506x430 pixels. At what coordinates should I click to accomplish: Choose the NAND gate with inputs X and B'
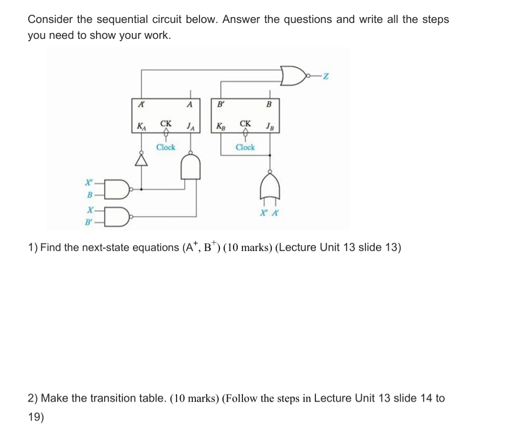click(x=119, y=216)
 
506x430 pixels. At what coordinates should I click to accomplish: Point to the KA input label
click(x=141, y=125)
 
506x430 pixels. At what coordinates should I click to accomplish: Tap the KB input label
click(x=220, y=125)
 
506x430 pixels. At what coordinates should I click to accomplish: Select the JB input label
click(x=269, y=125)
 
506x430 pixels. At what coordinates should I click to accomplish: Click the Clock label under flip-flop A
click(x=165, y=147)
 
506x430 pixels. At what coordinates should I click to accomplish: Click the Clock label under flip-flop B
click(x=245, y=147)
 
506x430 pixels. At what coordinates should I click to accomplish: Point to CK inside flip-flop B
click(x=245, y=124)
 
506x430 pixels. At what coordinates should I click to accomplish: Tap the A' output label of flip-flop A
click(x=141, y=104)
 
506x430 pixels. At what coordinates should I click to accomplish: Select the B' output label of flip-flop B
click(x=220, y=104)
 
